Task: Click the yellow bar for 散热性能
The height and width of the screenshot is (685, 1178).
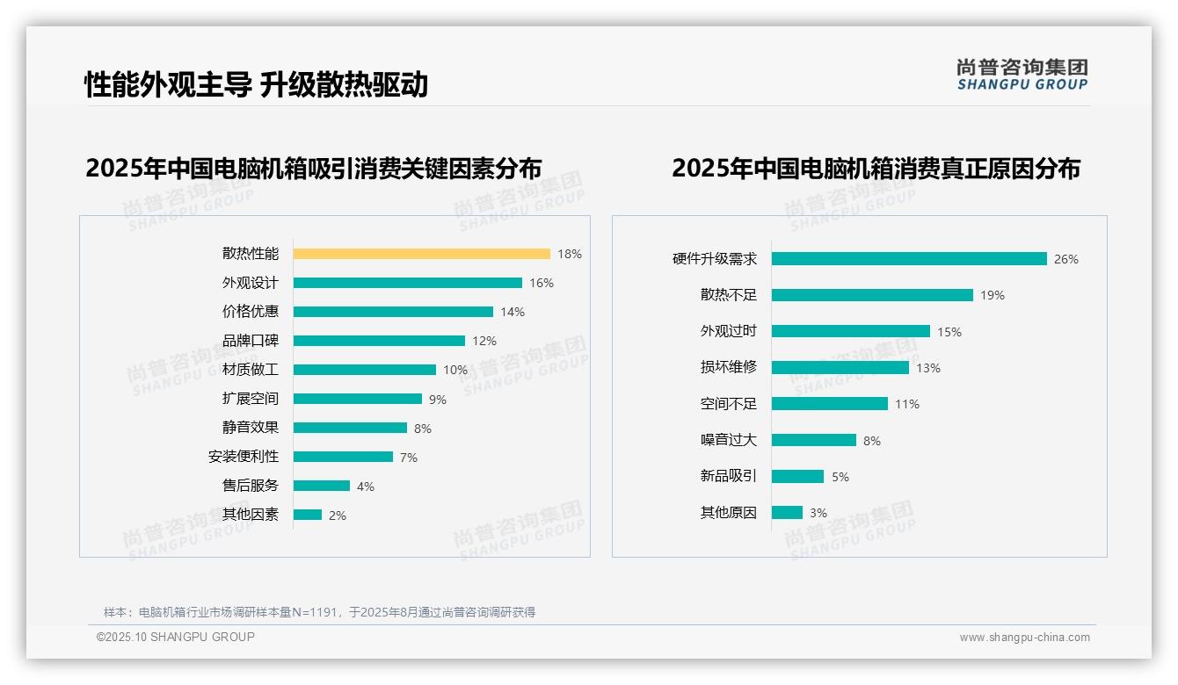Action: tap(421, 254)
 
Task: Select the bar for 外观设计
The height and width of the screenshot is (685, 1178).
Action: tap(407, 283)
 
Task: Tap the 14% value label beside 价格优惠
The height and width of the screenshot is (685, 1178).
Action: tap(513, 312)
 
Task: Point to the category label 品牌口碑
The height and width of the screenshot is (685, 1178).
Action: tap(251, 341)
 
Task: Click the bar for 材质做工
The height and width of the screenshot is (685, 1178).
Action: tap(364, 370)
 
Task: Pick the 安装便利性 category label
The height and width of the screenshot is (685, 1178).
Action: tap(244, 457)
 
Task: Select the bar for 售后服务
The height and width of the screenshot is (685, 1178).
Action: tap(321, 486)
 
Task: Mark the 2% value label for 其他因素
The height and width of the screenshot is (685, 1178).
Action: tap(338, 516)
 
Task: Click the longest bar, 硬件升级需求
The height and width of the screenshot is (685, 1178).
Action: tap(909, 259)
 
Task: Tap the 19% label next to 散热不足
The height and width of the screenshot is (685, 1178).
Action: tap(993, 295)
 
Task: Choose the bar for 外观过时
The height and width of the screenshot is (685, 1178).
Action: tap(850, 331)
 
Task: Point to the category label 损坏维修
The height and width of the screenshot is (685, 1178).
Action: tap(729, 367)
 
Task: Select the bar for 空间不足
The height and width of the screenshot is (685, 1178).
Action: tap(829, 404)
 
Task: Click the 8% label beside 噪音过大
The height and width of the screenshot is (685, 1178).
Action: tap(872, 441)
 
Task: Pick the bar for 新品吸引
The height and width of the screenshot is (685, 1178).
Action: tap(797, 476)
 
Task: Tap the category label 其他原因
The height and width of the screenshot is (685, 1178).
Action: tap(729, 513)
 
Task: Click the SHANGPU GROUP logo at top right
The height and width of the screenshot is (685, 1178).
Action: tap(1022, 75)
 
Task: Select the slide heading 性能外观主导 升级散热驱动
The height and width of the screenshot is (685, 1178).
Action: tap(256, 85)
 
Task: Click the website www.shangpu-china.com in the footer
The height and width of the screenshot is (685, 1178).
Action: tap(1024, 638)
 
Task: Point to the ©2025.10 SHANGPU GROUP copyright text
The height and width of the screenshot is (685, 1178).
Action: tap(176, 637)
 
